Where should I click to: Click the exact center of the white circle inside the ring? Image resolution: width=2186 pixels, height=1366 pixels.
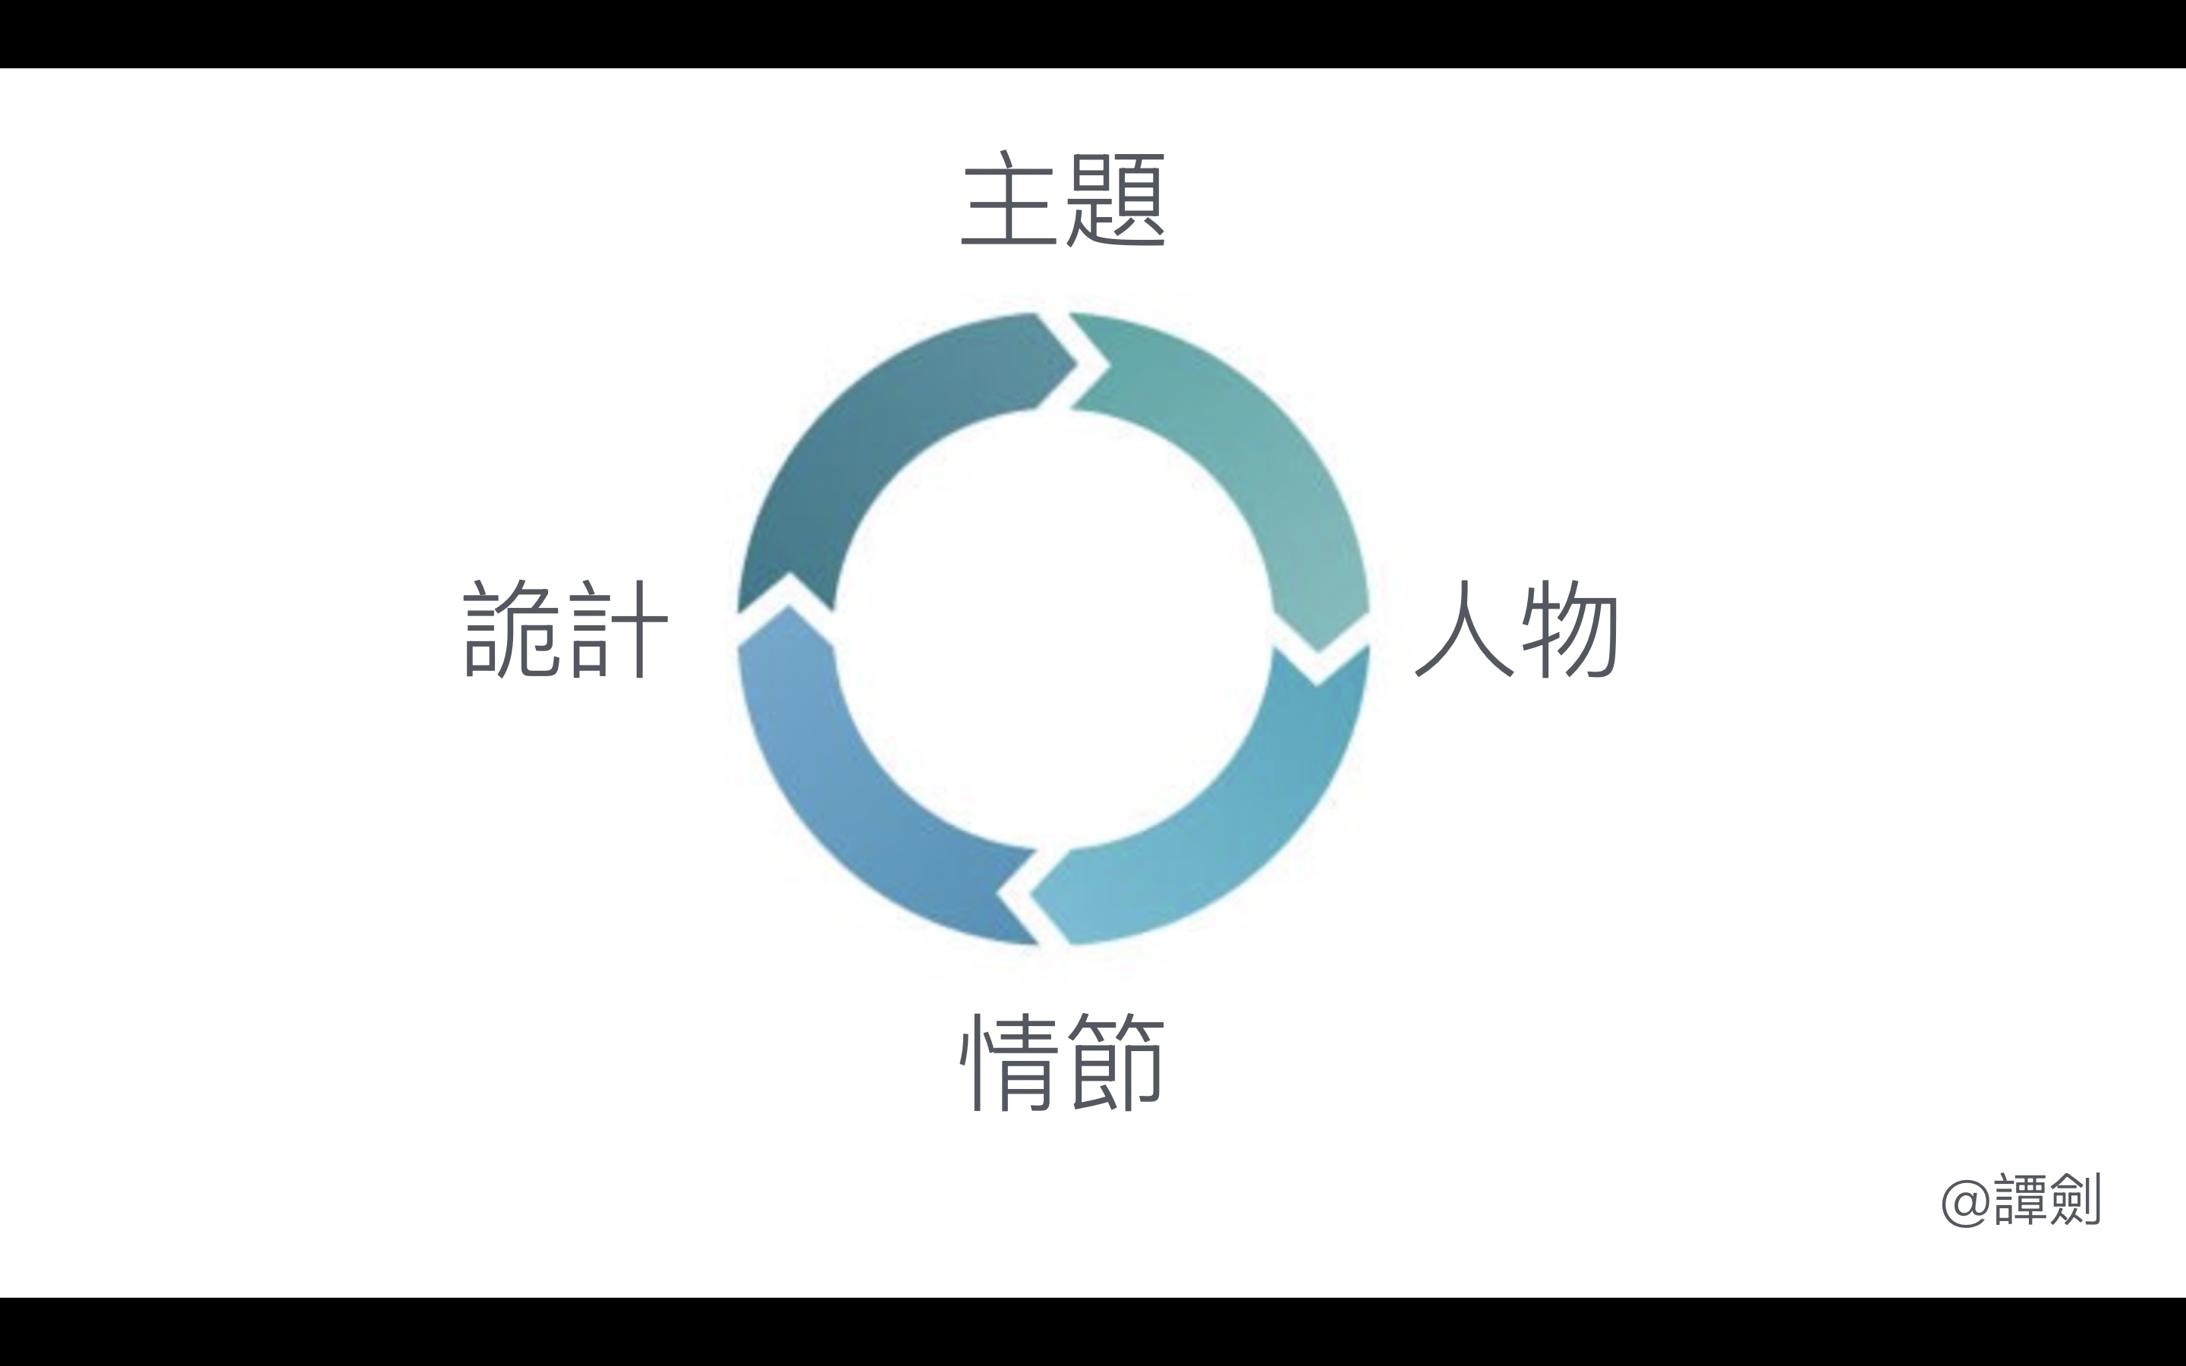click(1054, 630)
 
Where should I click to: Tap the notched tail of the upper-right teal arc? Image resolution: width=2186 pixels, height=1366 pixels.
click(1098, 361)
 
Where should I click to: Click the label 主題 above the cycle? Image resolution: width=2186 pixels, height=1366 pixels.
click(1063, 199)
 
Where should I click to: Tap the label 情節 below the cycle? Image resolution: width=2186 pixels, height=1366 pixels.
click(1063, 1061)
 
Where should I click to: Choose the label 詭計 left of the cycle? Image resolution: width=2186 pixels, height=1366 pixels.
click(565, 629)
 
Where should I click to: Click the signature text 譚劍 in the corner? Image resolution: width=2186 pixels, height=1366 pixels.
click(2047, 1200)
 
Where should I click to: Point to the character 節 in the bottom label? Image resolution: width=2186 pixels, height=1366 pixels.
click(1117, 1061)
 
